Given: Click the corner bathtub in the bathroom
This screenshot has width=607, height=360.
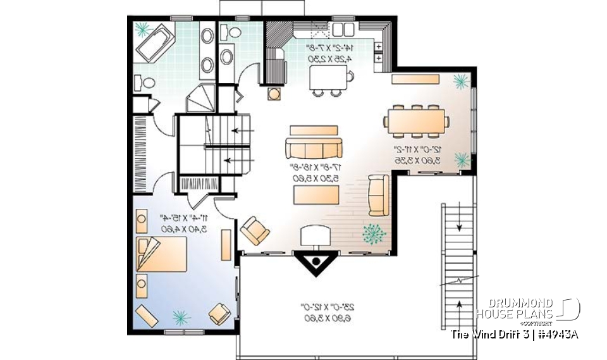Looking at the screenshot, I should point(155,43).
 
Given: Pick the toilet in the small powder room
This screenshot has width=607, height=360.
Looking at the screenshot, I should point(234,32).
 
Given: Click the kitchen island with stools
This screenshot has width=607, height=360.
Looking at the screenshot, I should point(330,79).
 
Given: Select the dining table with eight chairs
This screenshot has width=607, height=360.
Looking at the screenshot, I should point(417,121).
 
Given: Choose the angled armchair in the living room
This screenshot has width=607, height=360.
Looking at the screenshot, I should point(255,230).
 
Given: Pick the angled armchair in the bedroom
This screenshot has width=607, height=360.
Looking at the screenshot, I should point(219,313).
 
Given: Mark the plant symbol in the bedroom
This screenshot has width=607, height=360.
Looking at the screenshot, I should point(181,314).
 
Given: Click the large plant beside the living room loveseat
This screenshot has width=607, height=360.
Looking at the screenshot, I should point(374,234).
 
